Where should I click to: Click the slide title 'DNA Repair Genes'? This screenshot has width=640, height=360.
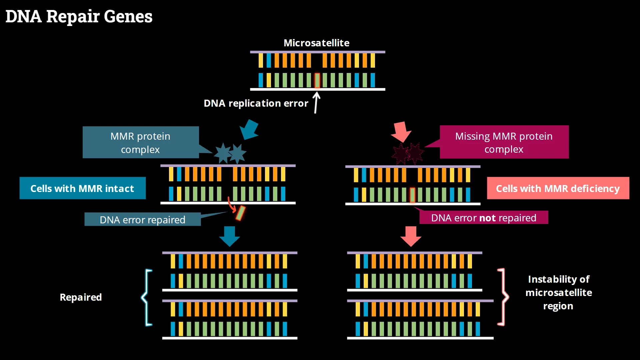pyautogui.click(x=79, y=16)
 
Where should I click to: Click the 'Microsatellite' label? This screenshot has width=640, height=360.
pyautogui.click(x=316, y=43)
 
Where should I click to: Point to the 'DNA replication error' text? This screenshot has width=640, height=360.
pyautogui.click(x=256, y=103)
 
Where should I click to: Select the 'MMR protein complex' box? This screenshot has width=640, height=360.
pyautogui.click(x=140, y=142)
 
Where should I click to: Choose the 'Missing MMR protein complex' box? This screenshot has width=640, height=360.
pyautogui.click(x=504, y=142)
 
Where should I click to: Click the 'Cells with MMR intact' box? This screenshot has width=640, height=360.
pyautogui.click(x=82, y=188)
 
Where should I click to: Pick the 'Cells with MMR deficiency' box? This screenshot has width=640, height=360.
pyautogui.click(x=558, y=188)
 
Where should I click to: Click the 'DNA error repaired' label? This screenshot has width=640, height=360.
pyautogui.click(x=142, y=220)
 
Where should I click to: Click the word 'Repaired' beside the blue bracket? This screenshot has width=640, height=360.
pyautogui.click(x=81, y=297)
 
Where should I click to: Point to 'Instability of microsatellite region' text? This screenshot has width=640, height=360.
pyautogui.click(x=558, y=292)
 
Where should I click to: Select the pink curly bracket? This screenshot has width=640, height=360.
pyautogui.click(x=503, y=296)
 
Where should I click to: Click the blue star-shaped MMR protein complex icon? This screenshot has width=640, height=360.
pyautogui.click(x=230, y=154)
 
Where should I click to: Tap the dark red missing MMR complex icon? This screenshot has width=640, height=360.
pyautogui.click(x=407, y=154)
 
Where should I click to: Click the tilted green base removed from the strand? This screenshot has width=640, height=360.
pyautogui.click(x=240, y=213)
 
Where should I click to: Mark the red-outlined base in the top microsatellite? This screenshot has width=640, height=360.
pyautogui.click(x=317, y=80)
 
